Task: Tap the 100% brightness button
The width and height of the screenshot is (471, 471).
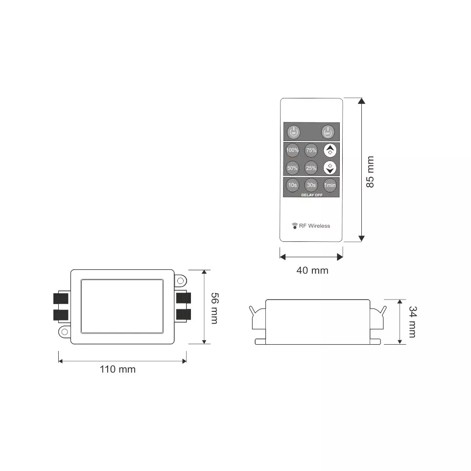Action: coord(292,150)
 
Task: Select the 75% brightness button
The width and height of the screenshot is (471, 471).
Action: coord(311,150)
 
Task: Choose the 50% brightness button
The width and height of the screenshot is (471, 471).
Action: coord(292,168)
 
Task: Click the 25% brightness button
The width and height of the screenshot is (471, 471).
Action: coord(311,168)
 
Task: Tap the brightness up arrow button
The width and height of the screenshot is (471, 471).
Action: coord(330,150)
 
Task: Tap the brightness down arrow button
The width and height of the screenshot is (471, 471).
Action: coord(330,168)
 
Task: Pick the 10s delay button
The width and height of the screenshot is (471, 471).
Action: coord(292,185)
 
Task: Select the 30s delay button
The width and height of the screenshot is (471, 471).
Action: coord(311,185)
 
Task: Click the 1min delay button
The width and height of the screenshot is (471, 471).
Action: coord(330,185)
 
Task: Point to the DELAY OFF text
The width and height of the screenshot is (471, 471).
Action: coord(311,194)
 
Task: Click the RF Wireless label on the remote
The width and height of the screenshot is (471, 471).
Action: coord(311,226)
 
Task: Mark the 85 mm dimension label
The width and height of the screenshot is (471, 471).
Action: coord(370,172)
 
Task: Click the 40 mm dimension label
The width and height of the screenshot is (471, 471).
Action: coord(312,270)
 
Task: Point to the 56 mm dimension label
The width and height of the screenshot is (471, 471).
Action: coord(214,308)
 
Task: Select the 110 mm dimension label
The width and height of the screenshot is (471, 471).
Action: coord(118,369)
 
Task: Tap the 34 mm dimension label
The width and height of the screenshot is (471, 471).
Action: coord(412,322)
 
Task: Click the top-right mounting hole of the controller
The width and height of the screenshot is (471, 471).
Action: coord(180,281)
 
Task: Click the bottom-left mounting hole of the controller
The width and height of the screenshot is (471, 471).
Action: coord(64,331)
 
